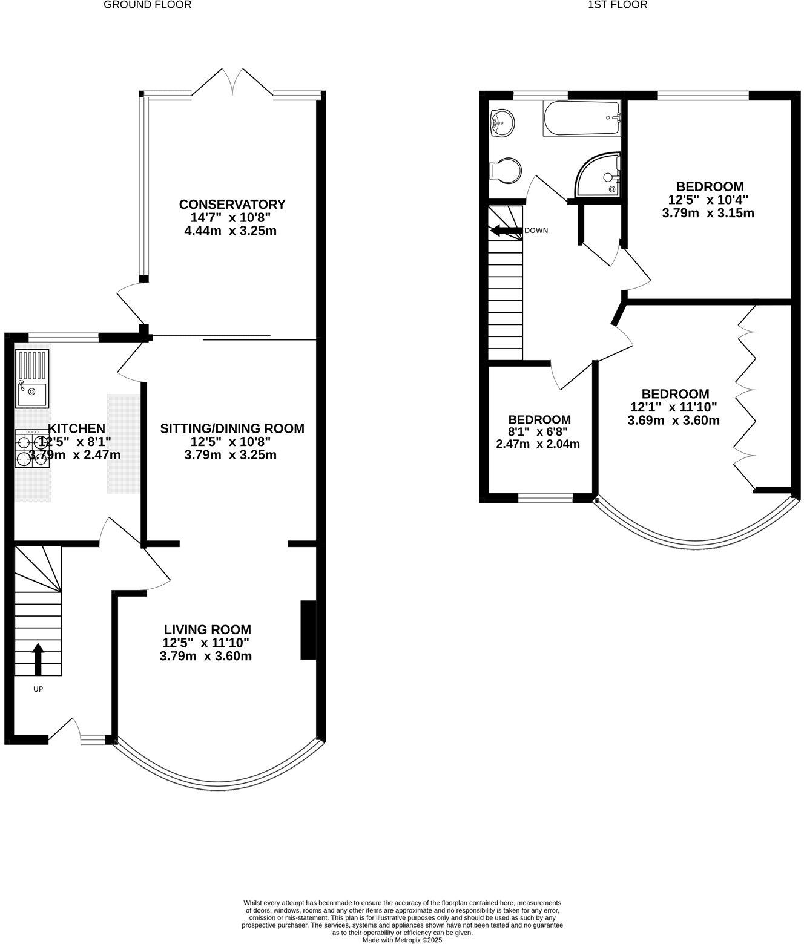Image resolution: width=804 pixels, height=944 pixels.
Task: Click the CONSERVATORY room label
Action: (232, 204)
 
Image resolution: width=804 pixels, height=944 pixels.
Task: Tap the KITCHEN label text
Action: (76, 428)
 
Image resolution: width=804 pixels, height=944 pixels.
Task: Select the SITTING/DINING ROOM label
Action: (232, 428)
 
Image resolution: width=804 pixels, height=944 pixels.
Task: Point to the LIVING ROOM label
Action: (206, 629)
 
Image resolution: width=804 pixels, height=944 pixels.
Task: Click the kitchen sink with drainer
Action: (32, 378)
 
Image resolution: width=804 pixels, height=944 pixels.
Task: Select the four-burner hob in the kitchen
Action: (32, 449)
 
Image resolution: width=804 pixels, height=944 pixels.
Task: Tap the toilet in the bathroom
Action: (506, 170)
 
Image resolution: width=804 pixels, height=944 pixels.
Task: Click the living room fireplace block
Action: (308, 629)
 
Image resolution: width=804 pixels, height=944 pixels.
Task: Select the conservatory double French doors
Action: (232, 83)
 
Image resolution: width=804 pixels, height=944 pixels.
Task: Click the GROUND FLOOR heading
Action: (148, 5)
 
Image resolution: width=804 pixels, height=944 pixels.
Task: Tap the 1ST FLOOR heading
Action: (618, 5)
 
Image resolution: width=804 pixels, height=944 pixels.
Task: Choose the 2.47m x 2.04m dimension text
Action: (538, 444)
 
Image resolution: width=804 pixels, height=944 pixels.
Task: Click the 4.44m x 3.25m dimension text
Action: (231, 231)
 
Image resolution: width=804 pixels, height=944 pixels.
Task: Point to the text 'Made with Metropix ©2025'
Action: (403, 940)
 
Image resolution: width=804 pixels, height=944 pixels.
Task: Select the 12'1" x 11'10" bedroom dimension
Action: (674, 407)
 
